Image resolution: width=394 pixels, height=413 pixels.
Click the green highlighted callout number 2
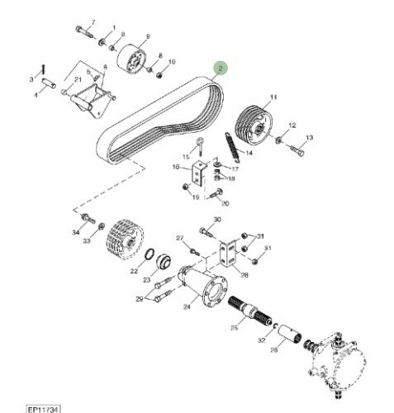tap(221, 68)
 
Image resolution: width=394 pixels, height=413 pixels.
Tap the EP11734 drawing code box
tap(43, 409)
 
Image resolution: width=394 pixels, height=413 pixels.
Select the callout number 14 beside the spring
tap(249, 153)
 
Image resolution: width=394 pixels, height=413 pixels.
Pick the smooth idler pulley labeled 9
tap(131, 59)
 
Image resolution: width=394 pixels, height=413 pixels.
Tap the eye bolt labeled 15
tap(200, 146)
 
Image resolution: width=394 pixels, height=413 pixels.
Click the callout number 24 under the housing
tap(187, 306)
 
